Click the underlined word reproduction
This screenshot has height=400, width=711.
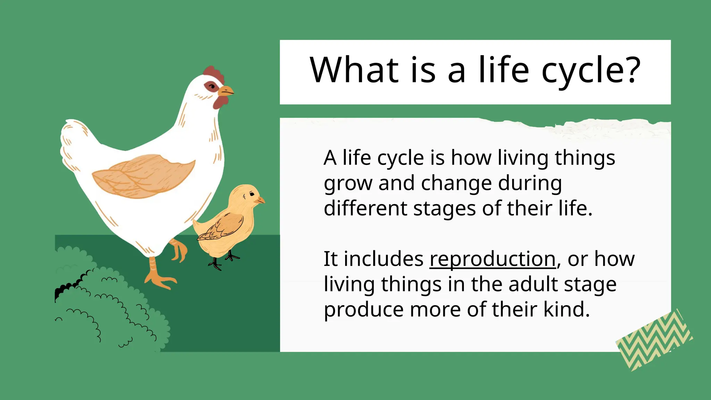493,259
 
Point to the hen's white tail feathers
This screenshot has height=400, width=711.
75,142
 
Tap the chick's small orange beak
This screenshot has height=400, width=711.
260,200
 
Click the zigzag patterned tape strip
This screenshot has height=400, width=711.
654,340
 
